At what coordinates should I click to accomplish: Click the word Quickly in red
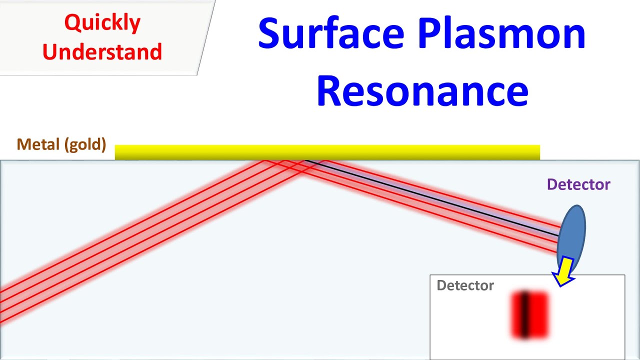coord(102,22)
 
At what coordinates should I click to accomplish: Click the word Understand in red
coord(102,51)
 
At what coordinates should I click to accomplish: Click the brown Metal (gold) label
coord(61,144)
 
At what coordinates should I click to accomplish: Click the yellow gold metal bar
coord(327,152)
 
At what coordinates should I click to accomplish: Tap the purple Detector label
coord(578,184)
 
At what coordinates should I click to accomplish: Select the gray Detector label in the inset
coord(465,285)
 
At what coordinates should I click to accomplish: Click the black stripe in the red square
coord(524,315)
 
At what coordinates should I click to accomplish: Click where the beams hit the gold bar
coord(295,160)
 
